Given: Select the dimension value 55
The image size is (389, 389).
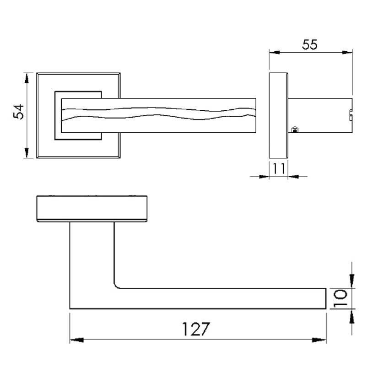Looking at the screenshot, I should [x=310, y=44].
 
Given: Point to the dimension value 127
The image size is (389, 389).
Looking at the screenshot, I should [x=197, y=329].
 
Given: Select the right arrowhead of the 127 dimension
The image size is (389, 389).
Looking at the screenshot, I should [x=319, y=340].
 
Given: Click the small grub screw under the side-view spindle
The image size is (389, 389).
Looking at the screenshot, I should [x=295, y=130].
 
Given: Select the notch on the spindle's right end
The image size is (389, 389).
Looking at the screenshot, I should [x=351, y=114].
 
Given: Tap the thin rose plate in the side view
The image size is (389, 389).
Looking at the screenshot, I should [x=278, y=115].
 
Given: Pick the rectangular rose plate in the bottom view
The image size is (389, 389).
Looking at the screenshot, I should [x=92, y=209].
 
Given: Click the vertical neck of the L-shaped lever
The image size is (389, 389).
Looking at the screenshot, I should [x=92, y=256].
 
